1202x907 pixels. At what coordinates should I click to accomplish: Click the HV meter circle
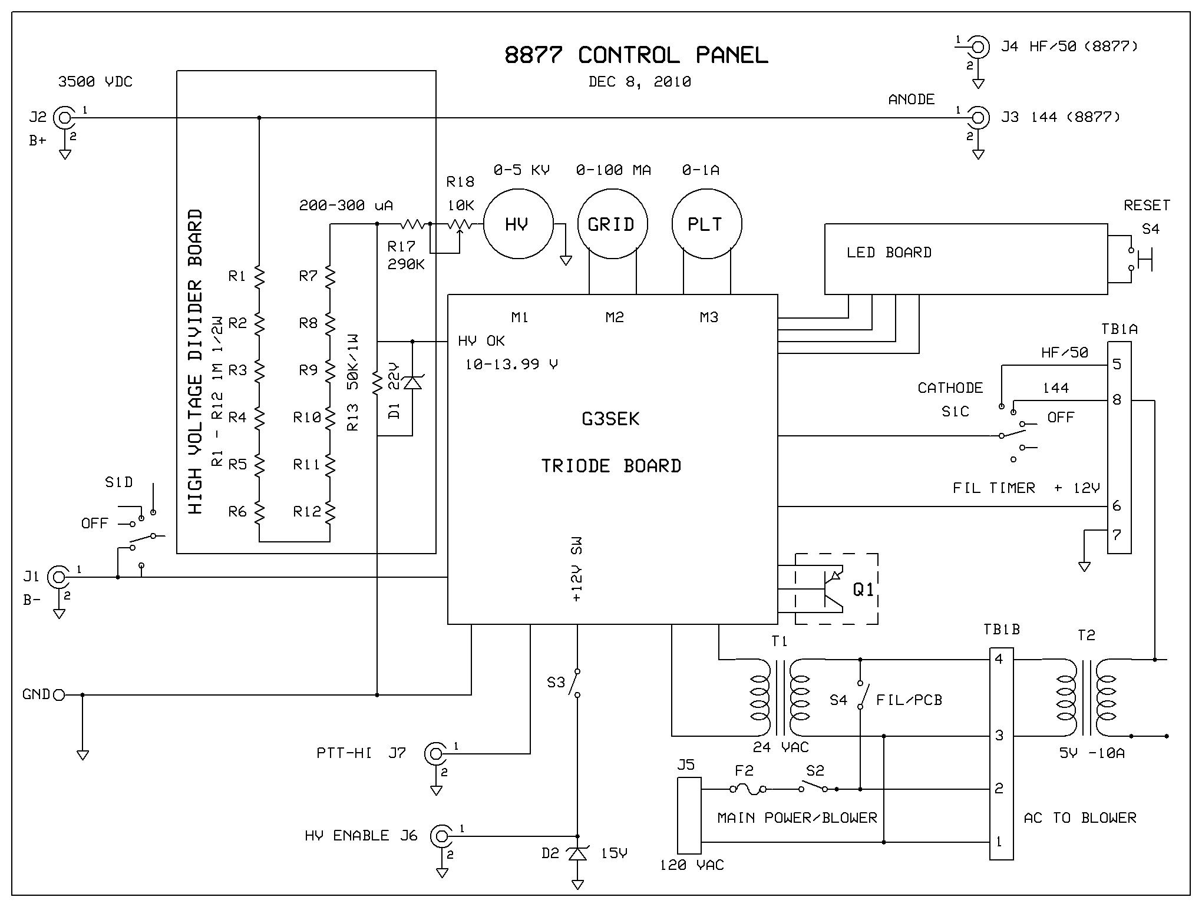(518, 224)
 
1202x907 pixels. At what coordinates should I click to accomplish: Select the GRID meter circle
(612, 224)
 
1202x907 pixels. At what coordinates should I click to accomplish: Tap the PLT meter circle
(706, 224)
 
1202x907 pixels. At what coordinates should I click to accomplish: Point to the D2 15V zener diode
(577, 853)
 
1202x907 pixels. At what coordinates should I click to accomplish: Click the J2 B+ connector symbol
(63, 118)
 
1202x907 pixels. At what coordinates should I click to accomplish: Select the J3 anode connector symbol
(978, 118)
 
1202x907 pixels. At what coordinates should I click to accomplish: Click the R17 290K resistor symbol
(412, 224)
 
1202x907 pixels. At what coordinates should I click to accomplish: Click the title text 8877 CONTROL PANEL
(636, 55)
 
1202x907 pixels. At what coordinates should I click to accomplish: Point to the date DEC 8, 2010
(639, 82)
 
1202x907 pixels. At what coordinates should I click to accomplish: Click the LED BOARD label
(889, 253)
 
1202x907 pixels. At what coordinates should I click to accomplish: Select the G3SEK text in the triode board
(610, 419)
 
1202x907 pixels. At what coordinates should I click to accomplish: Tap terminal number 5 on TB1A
(1117, 365)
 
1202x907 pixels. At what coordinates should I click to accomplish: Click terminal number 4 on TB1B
(999, 659)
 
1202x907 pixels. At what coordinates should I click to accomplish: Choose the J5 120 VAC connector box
(689, 815)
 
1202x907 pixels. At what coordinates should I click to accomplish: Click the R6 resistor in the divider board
(259, 512)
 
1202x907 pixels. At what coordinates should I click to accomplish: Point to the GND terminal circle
(58, 695)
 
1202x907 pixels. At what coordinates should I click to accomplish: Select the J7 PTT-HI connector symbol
(435, 753)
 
